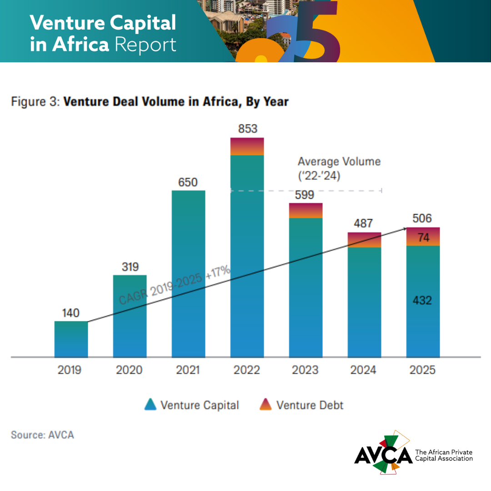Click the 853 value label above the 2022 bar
[x=247, y=129]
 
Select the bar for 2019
[x=71, y=339]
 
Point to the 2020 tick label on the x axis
[x=129, y=370]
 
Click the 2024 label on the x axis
[x=363, y=370]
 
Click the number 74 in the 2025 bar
[x=423, y=237]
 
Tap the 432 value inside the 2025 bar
[x=423, y=301]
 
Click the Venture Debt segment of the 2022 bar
[x=247, y=146]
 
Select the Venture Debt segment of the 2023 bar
[x=306, y=210]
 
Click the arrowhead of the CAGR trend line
[x=405, y=230]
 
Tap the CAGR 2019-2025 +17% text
[x=175, y=286]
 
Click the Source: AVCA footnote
[x=42, y=435]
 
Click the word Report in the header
[x=145, y=45]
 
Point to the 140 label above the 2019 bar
[x=70, y=313]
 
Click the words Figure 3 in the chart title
[x=35, y=101]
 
